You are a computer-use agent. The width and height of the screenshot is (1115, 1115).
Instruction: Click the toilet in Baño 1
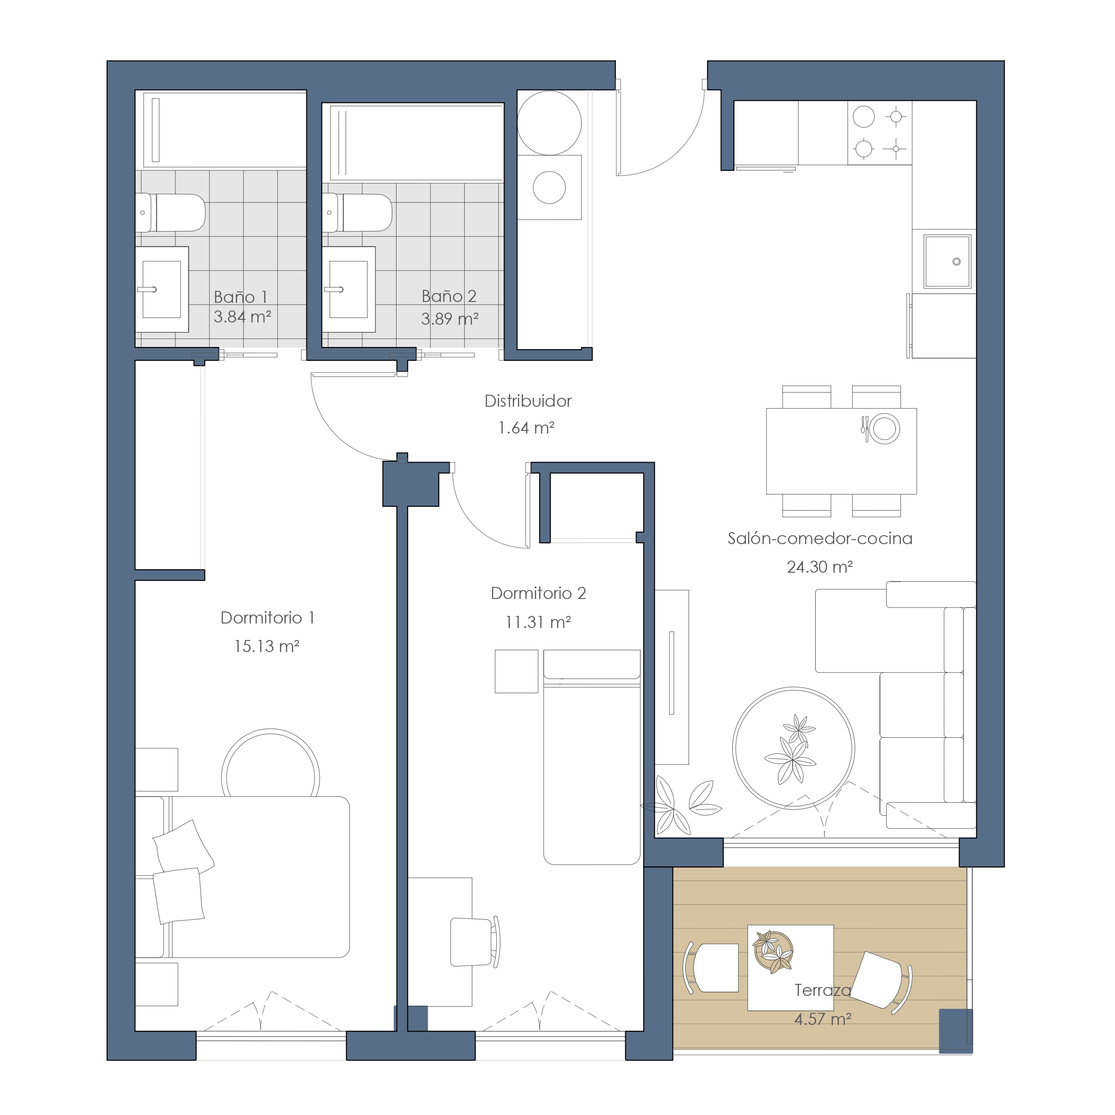170,212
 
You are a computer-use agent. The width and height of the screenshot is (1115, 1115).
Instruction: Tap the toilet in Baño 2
357,212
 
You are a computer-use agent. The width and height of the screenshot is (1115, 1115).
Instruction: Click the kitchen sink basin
947,261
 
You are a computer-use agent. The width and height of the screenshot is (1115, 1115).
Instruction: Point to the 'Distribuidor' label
528,401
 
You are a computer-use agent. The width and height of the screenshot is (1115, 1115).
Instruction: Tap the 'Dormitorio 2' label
538,593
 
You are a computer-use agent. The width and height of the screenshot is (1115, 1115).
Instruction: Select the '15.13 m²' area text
267,646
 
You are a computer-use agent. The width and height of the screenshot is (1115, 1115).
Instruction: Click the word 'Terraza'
822,990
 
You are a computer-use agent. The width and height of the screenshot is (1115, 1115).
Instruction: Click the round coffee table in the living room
793,748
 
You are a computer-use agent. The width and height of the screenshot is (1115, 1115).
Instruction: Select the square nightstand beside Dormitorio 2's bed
516,671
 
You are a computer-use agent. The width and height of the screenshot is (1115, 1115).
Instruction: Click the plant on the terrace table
773,952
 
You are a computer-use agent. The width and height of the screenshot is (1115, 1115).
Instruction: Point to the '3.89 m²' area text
450,318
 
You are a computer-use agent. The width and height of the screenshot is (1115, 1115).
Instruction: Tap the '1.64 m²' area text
526,428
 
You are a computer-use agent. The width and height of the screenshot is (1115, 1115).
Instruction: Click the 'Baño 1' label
241,297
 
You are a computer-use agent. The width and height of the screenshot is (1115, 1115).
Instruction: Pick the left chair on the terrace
711,968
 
